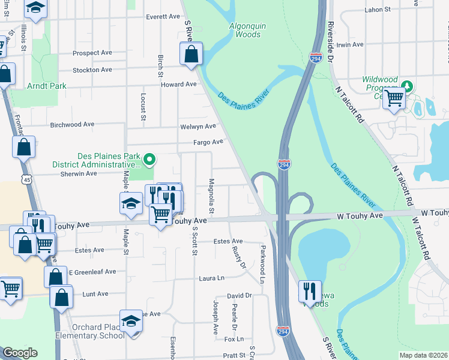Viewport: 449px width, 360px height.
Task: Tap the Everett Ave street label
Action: [x=162, y=17]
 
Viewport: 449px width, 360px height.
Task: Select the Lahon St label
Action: [x=378, y=10]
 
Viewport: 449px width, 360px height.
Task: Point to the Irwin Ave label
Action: [x=351, y=45]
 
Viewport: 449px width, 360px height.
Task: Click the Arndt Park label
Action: [x=47, y=86]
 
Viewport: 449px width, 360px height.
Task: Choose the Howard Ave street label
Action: [x=178, y=85]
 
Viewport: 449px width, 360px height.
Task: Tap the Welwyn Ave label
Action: [x=197, y=127]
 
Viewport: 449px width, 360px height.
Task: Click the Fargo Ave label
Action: [x=208, y=142]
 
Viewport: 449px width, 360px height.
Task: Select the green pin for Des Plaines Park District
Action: [x=150, y=160]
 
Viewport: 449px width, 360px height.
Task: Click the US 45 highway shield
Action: [x=25, y=179]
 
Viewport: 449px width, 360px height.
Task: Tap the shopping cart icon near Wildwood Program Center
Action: [x=394, y=97]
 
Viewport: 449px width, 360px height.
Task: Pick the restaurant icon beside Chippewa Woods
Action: [x=310, y=291]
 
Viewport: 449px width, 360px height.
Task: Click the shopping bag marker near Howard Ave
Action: [x=191, y=55]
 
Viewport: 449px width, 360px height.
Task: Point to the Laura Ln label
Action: [x=212, y=278]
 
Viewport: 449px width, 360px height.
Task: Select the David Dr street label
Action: [x=238, y=296]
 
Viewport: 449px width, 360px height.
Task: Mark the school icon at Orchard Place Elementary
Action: [x=131, y=321]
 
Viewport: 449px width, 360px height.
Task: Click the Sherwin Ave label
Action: [x=79, y=173]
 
